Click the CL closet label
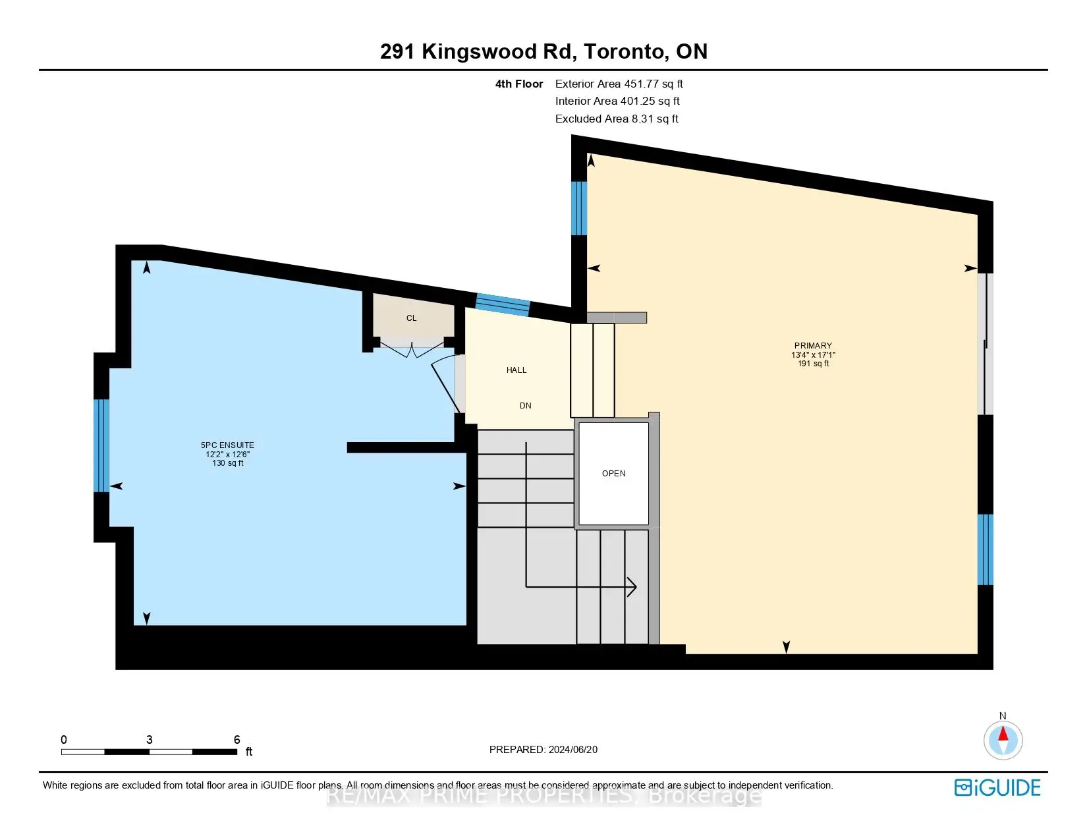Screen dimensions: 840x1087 click(x=411, y=318)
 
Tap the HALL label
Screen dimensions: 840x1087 click(x=516, y=370)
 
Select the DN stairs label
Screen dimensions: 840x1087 click(x=525, y=406)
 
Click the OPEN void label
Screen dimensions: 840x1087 click(x=613, y=474)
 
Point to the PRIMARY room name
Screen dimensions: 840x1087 click(x=813, y=346)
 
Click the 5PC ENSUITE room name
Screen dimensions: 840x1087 click(x=227, y=445)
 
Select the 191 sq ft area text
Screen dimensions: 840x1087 click(x=813, y=364)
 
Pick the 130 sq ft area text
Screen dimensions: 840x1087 click(x=227, y=463)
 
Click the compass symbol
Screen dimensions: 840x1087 click(x=1003, y=739)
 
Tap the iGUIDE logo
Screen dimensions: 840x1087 click(x=997, y=787)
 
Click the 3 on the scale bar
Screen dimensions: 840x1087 click(x=150, y=740)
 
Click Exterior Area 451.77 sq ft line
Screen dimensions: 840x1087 click(x=619, y=84)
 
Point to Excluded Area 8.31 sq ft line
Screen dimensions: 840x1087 click(x=617, y=119)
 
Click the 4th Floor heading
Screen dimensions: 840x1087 click(x=519, y=84)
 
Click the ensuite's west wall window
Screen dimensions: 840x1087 click(x=101, y=445)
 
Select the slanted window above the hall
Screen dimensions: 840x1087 click(x=503, y=304)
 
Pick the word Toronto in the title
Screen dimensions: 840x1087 click(x=623, y=51)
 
